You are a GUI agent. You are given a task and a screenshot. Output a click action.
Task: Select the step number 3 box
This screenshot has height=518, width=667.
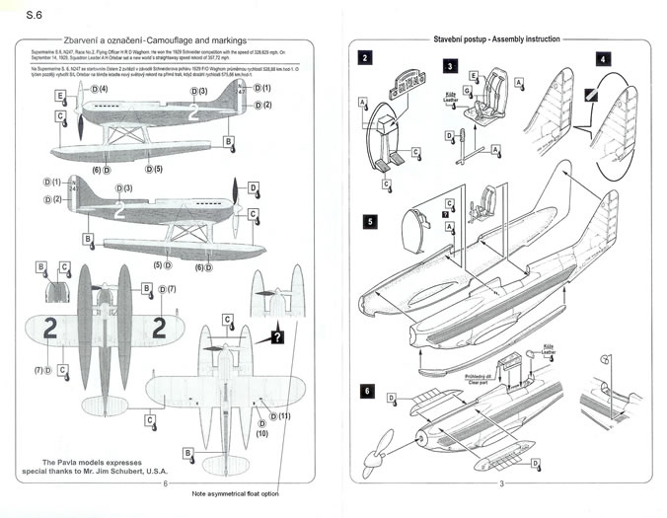450,66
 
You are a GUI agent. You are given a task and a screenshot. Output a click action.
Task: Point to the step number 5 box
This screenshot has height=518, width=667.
367,221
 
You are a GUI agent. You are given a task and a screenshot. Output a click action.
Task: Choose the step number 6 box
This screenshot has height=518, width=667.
367,391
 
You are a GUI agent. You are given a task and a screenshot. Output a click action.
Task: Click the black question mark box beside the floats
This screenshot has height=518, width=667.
278,336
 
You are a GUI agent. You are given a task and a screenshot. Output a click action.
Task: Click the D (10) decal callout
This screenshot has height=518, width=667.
261,433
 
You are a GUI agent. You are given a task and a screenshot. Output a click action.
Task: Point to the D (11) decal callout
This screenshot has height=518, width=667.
281,417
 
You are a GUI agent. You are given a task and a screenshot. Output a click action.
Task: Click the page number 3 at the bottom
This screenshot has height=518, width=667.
501,482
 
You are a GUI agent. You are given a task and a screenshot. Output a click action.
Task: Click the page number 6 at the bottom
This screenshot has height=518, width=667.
165,482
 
